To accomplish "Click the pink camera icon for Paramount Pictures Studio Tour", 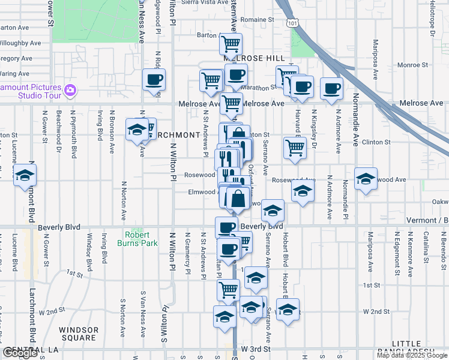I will click(x=70, y=91).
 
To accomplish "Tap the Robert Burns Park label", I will click(x=141, y=239).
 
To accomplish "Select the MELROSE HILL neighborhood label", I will click(x=254, y=58).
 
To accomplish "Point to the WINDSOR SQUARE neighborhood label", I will click(x=79, y=334).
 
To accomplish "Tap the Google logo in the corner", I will click(x=20, y=353).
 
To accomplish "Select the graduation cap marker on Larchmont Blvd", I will click(x=25, y=175).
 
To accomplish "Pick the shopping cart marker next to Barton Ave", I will click(x=231, y=44).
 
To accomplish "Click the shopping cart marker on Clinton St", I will click(x=294, y=148).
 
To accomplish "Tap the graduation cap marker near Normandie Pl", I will click(x=366, y=179).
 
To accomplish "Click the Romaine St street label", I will click(x=257, y=20).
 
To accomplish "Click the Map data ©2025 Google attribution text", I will click(x=411, y=355).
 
